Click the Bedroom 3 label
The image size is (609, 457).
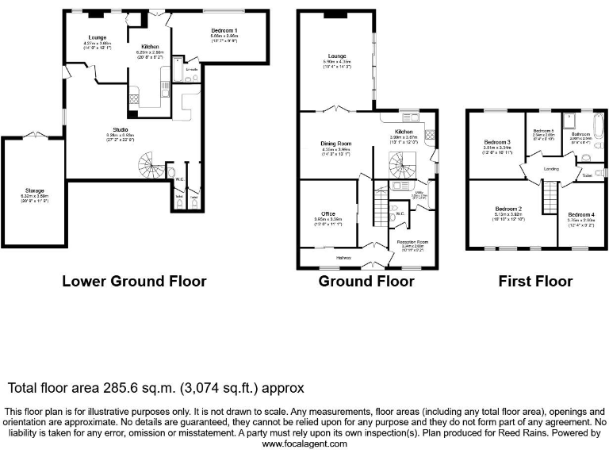pyautogui.click(x=496, y=142)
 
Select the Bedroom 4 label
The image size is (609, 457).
pyautogui.click(x=581, y=214)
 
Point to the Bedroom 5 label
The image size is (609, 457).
pyautogui.click(x=542, y=130)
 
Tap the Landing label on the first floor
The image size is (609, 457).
pyautogui.click(x=552, y=169)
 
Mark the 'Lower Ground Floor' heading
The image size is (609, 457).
pyautogui.click(x=134, y=281)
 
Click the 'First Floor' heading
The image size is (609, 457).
pyautogui.click(x=535, y=281)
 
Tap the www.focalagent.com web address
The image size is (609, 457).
pyautogui.click(x=304, y=444)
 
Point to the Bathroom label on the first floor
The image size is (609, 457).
pyautogui.click(x=581, y=134)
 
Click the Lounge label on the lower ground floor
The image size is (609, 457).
pyautogui.click(x=97, y=37)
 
